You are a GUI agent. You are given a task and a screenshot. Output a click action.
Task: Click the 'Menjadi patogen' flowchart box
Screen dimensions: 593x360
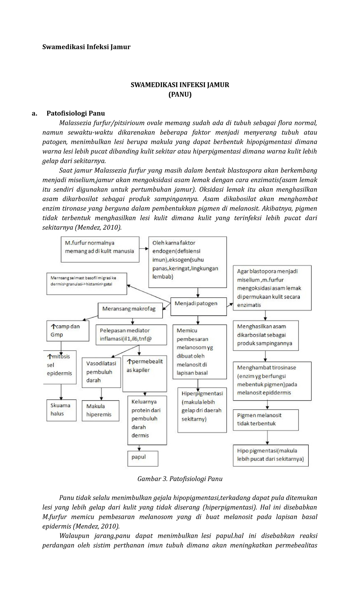(x=198, y=306)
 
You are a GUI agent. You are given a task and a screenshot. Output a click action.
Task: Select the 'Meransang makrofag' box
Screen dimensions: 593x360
(x=130, y=310)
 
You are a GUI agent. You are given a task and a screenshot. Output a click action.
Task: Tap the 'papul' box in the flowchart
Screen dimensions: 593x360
(x=143, y=459)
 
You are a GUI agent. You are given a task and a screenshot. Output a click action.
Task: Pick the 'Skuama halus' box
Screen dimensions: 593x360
(x=61, y=410)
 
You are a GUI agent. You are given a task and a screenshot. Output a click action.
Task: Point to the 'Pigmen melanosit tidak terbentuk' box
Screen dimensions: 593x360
(x=265, y=420)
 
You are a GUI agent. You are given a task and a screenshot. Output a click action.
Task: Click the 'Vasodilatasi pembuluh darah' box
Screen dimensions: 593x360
(x=101, y=372)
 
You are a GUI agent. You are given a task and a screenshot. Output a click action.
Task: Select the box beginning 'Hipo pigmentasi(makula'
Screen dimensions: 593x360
(x=271, y=455)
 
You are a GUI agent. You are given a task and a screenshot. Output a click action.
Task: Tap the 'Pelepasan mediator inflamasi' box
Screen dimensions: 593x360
(x=131, y=335)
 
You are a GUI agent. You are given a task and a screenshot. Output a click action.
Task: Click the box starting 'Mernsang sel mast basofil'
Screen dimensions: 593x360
(x=87, y=284)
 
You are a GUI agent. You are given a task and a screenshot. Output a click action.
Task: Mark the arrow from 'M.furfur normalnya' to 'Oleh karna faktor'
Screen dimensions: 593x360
(x=144, y=249)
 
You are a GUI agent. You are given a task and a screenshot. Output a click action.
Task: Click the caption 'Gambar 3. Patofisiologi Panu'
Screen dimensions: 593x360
(x=180, y=479)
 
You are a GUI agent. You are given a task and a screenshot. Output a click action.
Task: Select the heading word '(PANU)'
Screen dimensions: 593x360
(x=180, y=95)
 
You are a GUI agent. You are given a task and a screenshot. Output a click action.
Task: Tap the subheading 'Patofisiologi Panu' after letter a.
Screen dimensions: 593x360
(x=76, y=113)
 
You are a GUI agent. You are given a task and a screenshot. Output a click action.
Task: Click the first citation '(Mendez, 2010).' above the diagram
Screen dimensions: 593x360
(x=98, y=227)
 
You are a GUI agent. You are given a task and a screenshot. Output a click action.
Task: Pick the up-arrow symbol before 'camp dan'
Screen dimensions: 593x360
(x=53, y=326)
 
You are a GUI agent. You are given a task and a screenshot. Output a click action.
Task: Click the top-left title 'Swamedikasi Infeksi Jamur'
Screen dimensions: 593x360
(x=86, y=47)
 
